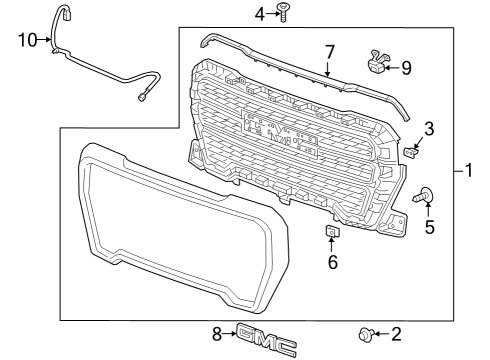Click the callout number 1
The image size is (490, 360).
pos(467,171)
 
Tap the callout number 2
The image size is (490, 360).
pos(395,334)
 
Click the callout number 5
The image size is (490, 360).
pos(430,227)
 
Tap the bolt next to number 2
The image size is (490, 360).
pos(366,334)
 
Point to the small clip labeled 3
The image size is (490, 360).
pos(413,151)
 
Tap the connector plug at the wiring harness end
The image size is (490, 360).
pos(143,96)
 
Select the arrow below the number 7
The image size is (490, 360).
pos(327,68)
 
